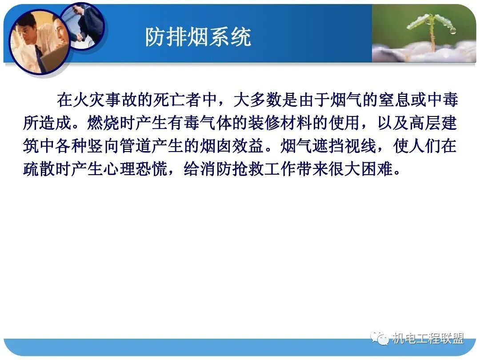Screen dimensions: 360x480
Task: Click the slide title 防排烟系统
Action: pyautogui.click(x=198, y=37)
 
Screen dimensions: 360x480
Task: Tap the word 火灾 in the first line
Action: pyautogui.click(x=89, y=100)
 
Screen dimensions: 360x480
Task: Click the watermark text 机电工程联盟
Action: pyautogui.click(x=428, y=339)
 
